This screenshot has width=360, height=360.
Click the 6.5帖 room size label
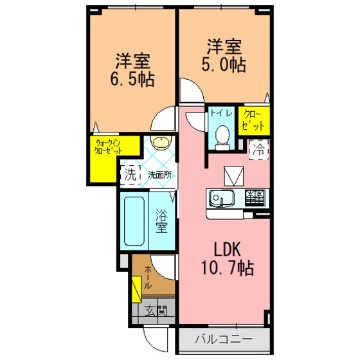(132, 79)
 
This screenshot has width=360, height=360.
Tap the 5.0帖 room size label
(224, 64)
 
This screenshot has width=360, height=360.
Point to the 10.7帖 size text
(228, 267)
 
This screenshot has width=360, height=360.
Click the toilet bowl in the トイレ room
(222, 138)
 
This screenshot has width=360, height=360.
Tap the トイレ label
(221, 113)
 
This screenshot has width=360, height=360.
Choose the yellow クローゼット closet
(254, 121)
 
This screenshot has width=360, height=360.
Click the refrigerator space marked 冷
(258, 150)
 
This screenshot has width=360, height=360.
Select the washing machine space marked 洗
(130, 175)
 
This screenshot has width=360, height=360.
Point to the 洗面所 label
(159, 175)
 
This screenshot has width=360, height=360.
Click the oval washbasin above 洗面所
(161, 142)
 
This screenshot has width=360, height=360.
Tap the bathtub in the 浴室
(134, 221)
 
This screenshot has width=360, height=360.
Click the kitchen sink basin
(222, 198)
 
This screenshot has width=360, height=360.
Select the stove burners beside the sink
(255, 197)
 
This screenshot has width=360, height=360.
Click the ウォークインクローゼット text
(108, 147)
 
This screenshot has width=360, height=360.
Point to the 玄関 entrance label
(156, 311)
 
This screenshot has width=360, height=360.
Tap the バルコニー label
(224, 339)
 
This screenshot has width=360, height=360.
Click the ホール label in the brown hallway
(148, 277)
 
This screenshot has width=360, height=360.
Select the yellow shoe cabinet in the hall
(136, 289)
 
